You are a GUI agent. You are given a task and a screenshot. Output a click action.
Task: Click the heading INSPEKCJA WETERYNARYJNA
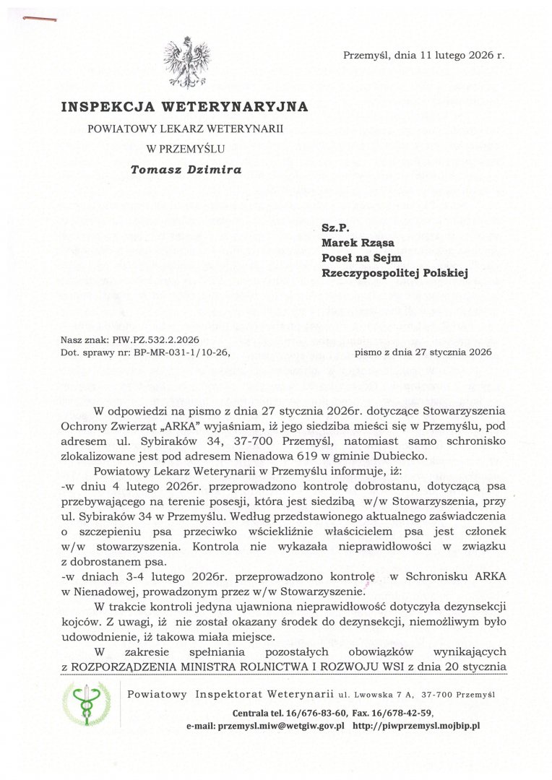tap(184, 107)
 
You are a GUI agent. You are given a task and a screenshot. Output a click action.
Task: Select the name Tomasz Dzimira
tap(186, 170)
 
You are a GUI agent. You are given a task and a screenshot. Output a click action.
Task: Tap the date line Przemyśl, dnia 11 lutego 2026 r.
tap(424, 55)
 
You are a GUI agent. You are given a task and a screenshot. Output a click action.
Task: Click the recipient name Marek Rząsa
tap(352, 242)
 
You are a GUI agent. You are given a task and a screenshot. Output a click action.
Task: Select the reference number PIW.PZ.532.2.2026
tap(155, 339)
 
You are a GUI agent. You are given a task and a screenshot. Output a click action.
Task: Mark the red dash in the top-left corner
tap(40, 19)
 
